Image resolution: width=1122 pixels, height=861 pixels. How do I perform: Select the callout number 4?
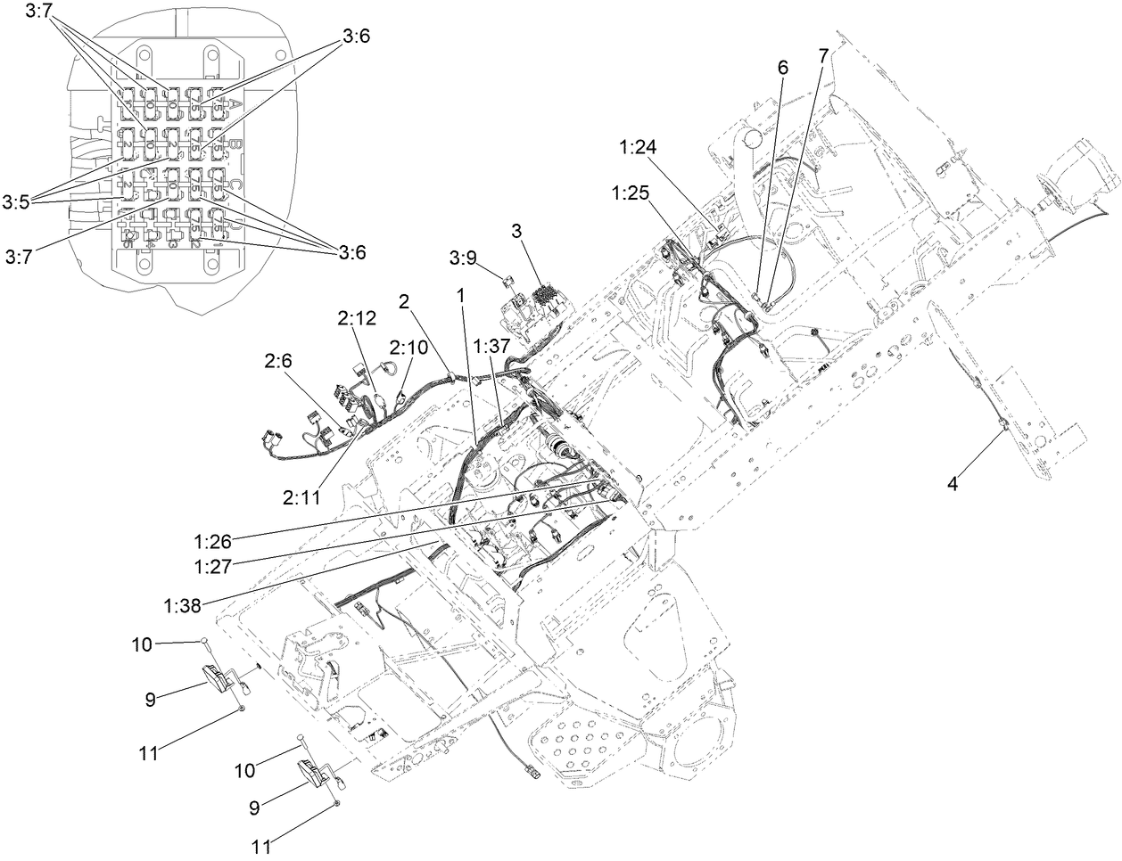[x=953, y=483]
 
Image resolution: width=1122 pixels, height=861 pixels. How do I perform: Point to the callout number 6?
[x=782, y=67]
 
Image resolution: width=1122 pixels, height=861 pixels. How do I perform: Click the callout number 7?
[x=822, y=54]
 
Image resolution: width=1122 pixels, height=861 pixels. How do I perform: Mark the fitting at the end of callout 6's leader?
[x=757, y=296]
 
